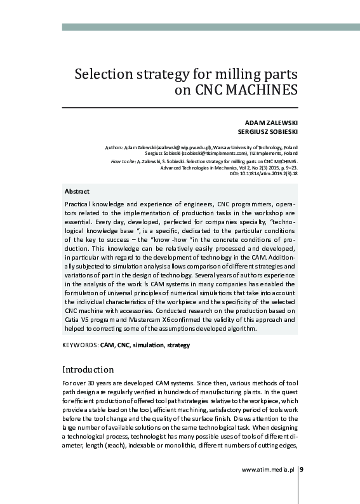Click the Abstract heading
coord(77,191)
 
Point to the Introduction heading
coord(88,369)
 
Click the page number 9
coord(302,470)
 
